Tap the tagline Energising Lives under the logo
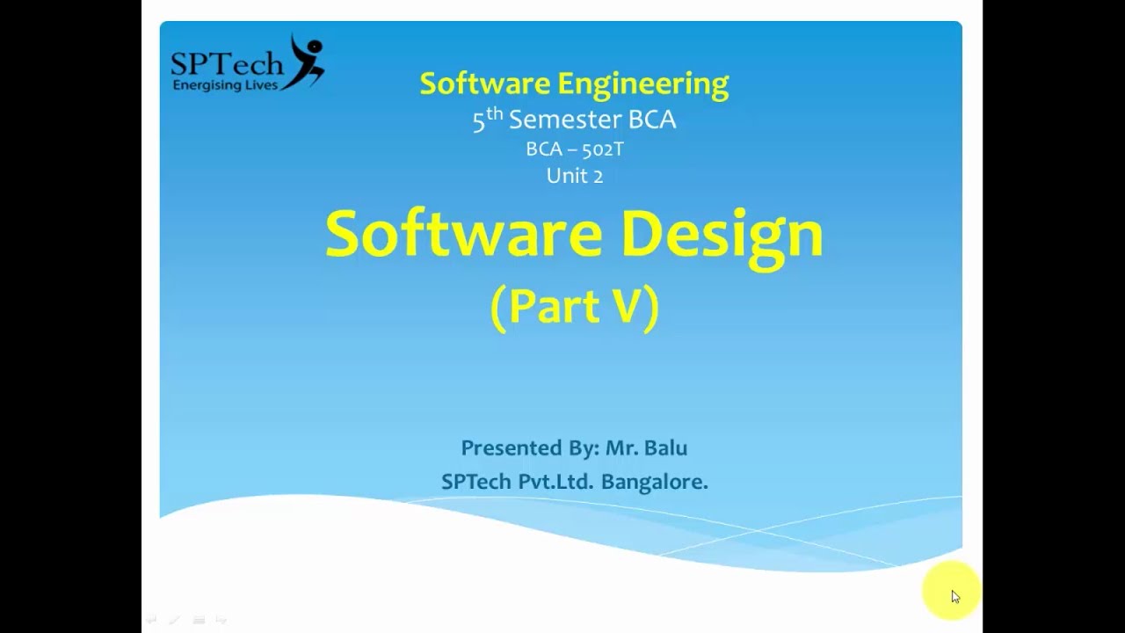[x=226, y=85]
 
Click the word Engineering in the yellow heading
[x=642, y=84]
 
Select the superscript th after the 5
[x=495, y=113]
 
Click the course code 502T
[x=602, y=149]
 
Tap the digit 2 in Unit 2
[x=598, y=176]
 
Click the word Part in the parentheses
[x=554, y=306]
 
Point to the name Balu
[x=665, y=447]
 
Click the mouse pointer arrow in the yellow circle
[x=955, y=597]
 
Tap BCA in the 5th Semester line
[x=652, y=120]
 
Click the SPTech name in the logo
[x=227, y=63]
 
